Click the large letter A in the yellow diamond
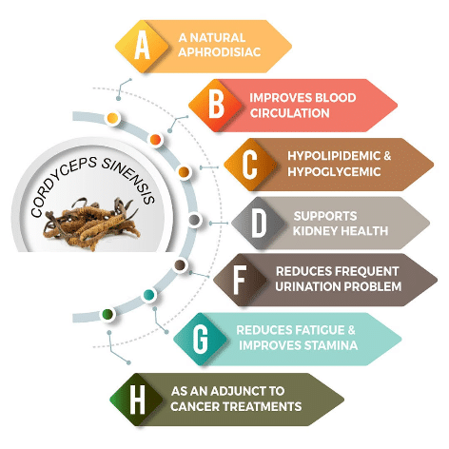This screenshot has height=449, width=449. (x=142, y=45)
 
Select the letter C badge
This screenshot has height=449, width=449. (x=250, y=164)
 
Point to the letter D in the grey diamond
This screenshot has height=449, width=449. (x=259, y=223)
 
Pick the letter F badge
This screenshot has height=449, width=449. (x=240, y=280)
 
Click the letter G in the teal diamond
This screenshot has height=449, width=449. (x=201, y=339)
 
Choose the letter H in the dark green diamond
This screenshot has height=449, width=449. (x=138, y=400)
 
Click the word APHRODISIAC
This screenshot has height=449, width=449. (x=220, y=52)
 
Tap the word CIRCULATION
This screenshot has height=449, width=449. (x=290, y=113)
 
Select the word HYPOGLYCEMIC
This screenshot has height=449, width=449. (x=334, y=172)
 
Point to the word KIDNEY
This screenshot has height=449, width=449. (x=313, y=231)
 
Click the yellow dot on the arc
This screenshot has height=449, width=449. (x=112, y=118)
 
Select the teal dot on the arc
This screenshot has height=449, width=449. (x=148, y=295)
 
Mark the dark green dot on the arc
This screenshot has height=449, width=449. (x=107, y=314)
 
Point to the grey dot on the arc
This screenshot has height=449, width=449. (x=194, y=220)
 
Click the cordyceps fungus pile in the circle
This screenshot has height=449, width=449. (x=92, y=224)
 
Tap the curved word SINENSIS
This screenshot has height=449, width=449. (x=128, y=179)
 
